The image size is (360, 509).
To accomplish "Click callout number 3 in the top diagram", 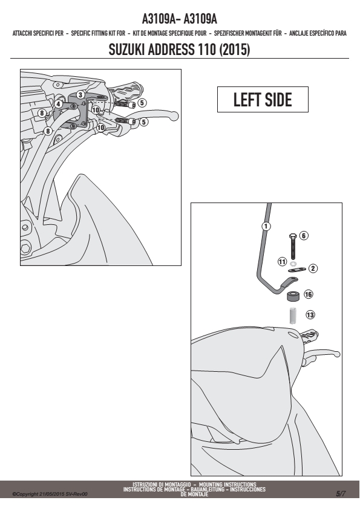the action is pos(80,95).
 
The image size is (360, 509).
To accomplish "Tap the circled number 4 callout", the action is pos(58,104).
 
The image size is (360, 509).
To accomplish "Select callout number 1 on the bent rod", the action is pos(266,226).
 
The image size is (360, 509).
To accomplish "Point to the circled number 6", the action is pos(304,236).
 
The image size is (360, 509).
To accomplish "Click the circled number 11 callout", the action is pos(282,262).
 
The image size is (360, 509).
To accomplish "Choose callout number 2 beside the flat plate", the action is pos(313,268).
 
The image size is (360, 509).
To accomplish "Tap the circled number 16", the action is pos(309,294).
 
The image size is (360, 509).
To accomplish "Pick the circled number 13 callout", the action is pos(310,314).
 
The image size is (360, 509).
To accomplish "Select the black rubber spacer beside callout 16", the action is pos(293,296).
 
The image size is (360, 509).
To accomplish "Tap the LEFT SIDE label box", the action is pos(263,100).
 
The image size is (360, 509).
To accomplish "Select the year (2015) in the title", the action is pos(235,50).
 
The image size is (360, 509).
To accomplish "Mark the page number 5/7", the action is pos(341,494).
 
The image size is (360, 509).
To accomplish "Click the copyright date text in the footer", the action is pos(50,494).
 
